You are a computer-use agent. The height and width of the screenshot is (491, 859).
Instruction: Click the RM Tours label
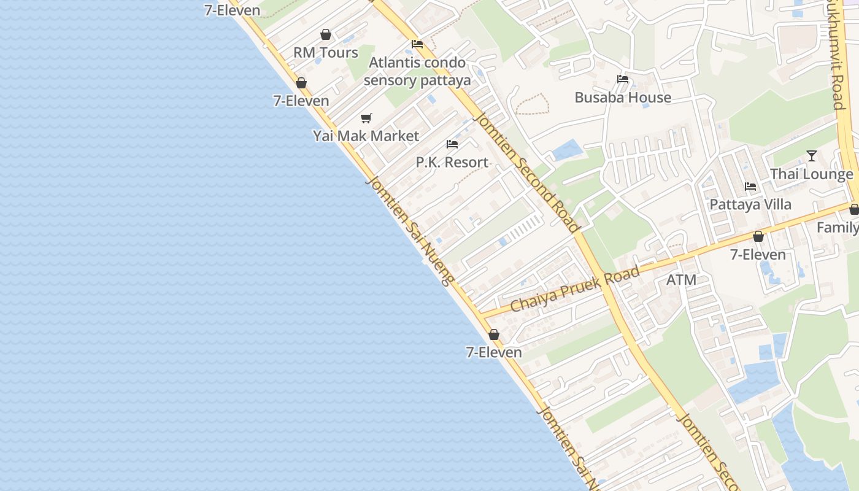pyautogui.click(x=325, y=53)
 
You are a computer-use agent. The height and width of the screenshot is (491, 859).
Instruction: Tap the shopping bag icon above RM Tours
pyautogui.click(x=326, y=35)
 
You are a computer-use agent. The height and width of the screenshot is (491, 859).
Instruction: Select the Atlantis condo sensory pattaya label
pyautogui.click(x=417, y=72)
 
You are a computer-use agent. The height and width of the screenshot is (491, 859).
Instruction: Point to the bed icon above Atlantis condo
pyautogui.click(x=417, y=44)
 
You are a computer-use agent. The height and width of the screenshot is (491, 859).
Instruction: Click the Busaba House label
pyautogui.click(x=623, y=98)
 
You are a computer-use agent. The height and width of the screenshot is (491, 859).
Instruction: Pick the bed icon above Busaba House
pyautogui.click(x=623, y=79)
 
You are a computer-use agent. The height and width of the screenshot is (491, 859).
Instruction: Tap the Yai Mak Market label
pyautogui.click(x=366, y=136)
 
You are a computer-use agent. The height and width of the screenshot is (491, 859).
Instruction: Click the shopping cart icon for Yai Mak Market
pyautogui.click(x=366, y=118)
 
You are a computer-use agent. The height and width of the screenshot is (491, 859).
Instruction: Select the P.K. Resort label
pyautogui.click(x=452, y=163)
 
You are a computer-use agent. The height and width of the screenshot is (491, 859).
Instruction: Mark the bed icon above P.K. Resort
pyautogui.click(x=452, y=144)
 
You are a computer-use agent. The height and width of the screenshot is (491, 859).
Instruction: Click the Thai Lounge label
pyautogui.click(x=811, y=174)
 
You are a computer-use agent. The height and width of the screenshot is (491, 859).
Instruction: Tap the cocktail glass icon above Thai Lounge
pyautogui.click(x=812, y=156)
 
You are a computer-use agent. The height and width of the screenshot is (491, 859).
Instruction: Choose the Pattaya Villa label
pyautogui.click(x=750, y=204)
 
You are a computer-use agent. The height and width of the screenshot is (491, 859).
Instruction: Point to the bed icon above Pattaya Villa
pyautogui.click(x=750, y=187)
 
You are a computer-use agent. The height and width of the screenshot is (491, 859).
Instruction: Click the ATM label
pyautogui.click(x=681, y=280)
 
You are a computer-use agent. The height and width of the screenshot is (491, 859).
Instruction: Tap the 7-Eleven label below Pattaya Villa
pyautogui.click(x=758, y=255)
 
